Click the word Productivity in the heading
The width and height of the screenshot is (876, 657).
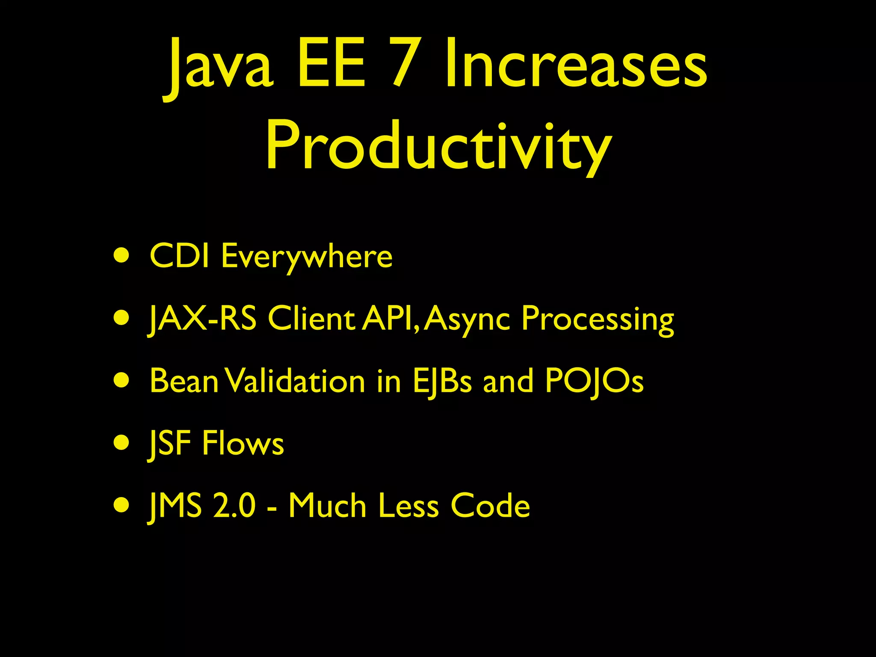click(x=438, y=145)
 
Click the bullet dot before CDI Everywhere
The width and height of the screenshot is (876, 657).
click(x=122, y=256)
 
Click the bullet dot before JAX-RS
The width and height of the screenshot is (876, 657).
click(x=122, y=318)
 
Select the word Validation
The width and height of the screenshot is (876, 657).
click(x=295, y=381)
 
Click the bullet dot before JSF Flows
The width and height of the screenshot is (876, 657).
click(x=122, y=443)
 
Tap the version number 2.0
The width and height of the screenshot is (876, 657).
click(x=234, y=506)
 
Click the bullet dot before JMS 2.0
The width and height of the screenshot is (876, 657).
click(x=122, y=506)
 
